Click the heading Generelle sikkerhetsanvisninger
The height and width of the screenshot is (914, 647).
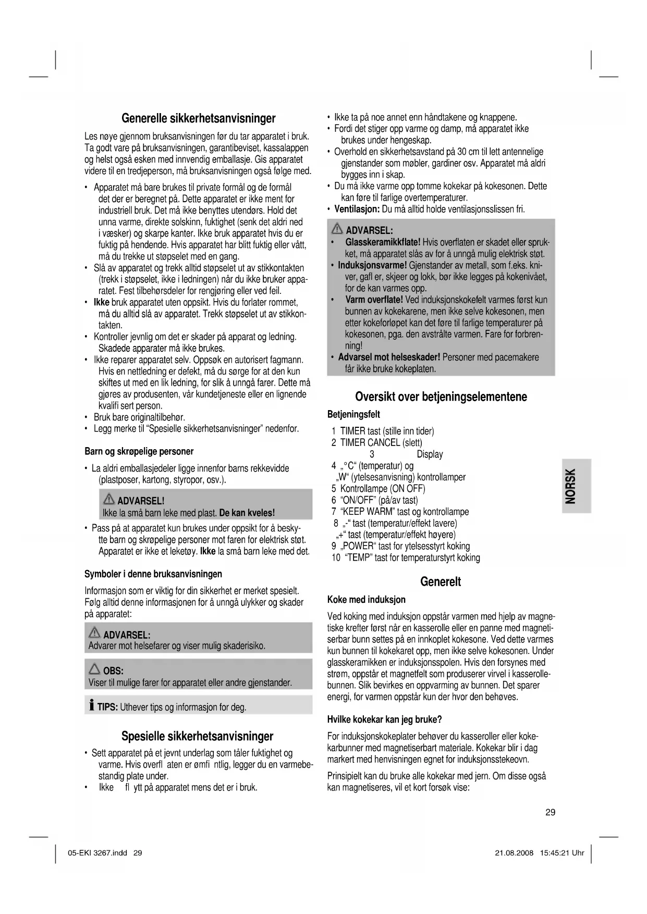(198, 118)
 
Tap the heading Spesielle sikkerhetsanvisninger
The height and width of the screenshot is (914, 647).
(197, 736)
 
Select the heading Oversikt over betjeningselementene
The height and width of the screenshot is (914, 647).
(441, 397)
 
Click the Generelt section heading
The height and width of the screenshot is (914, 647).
(441, 582)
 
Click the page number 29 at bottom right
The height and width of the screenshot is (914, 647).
(550, 812)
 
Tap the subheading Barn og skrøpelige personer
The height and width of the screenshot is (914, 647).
(139, 451)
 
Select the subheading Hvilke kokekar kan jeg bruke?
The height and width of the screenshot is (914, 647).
(384, 720)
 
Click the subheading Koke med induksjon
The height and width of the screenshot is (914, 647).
(366, 600)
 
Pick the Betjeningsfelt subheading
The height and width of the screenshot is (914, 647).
(353, 415)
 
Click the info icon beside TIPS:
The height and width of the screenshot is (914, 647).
(92, 706)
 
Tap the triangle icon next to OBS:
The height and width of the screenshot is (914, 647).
(94, 669)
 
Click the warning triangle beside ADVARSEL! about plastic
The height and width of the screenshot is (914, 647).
(109, 499)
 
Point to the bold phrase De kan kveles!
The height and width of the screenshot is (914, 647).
(247, 513)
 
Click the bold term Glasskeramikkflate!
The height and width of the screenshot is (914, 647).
(383, 243)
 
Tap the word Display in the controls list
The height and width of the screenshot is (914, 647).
(430, 454)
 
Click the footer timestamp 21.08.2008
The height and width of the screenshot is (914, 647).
(514, 854)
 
